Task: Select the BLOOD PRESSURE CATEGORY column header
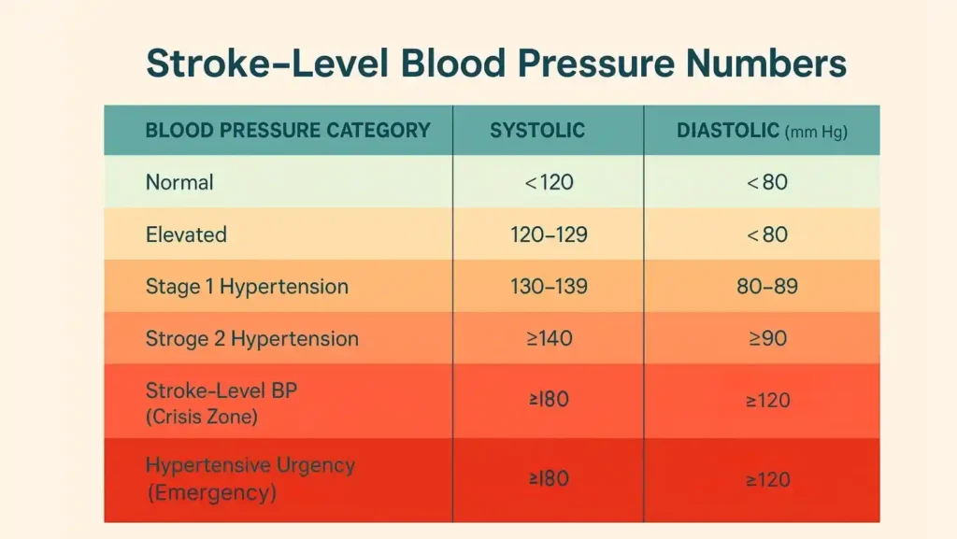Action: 288,131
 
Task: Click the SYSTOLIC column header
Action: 537,131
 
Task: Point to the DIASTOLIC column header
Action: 728,131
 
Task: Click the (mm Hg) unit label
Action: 816,133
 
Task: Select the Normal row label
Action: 179,182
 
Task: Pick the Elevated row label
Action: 186,234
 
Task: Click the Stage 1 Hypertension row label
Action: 247,286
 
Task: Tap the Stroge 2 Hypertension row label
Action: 251,338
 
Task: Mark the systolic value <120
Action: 549,182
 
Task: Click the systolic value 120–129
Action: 549,234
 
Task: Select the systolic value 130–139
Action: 549,286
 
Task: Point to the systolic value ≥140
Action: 549,338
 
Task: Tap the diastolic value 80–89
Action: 767,286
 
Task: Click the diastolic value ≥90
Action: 767,338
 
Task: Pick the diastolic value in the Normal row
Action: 767,182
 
